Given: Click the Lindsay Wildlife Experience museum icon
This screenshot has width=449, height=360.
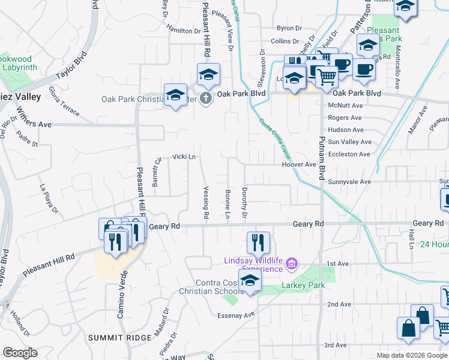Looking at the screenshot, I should click(x=292, y=263).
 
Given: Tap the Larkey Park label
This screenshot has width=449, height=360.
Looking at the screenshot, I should click(x=303, y=285).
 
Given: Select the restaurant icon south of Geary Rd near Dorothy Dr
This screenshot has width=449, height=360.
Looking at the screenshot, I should click(x=259, y=243).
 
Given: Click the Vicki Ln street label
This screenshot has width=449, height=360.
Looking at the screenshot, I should click(x=184, y=157).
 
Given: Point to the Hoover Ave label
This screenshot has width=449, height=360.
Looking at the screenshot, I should click(x=298, y=164).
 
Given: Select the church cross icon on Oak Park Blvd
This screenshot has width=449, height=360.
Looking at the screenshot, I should click(x=206, y=98).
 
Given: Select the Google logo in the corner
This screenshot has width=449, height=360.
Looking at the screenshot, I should click(x=20, y=353).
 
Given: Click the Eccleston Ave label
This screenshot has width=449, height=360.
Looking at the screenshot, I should click(x=349, y=154).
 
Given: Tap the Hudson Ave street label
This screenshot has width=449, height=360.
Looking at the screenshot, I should click(x=346, y=130).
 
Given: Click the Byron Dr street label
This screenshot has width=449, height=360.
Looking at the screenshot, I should click(x=288, y=28).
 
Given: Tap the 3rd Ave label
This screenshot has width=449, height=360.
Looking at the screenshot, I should click(x=336, y=345).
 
